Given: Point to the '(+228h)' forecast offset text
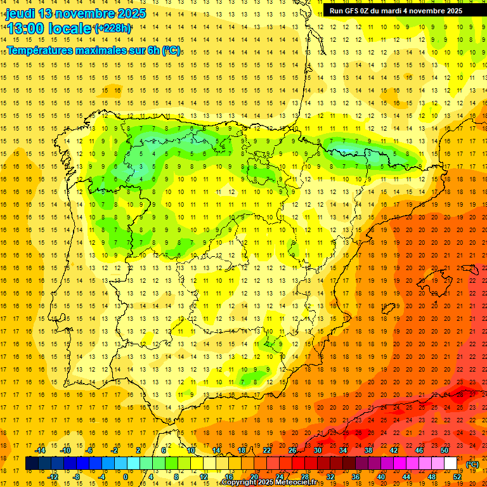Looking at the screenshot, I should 112,29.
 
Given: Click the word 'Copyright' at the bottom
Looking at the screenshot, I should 240,483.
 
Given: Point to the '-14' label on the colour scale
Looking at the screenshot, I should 40,450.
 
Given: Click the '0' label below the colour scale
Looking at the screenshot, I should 126,477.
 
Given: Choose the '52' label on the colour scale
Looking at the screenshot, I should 457,477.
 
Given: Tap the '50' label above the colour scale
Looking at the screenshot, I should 445,450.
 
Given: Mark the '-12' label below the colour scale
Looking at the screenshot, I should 53,477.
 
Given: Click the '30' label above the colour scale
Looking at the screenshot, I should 318,450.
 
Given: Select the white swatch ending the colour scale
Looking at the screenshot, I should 451,464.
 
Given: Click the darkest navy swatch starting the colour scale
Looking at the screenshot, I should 32,464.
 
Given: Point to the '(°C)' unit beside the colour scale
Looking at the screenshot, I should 472,464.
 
